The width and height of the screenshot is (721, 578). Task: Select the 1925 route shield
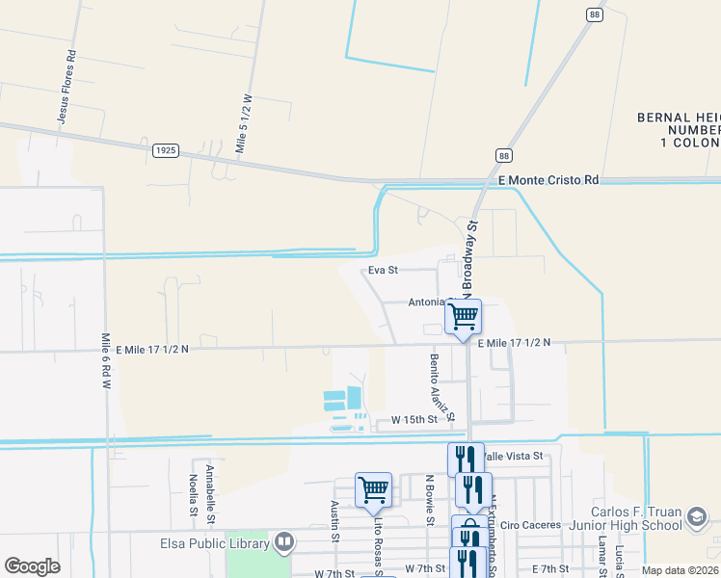pos(165,150)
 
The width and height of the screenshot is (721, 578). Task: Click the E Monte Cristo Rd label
pos(548,180)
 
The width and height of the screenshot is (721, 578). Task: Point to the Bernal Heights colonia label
pos(679,130)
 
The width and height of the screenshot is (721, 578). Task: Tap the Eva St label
pos(383,271)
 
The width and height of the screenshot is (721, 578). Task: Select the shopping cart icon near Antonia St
pos(464,315)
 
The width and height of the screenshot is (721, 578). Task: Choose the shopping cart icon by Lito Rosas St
pos(373,488)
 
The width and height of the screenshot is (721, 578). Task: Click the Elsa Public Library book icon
pos(284,541)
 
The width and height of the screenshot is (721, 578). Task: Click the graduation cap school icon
pos(695,519)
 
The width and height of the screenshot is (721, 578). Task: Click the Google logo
pos(32,566)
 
